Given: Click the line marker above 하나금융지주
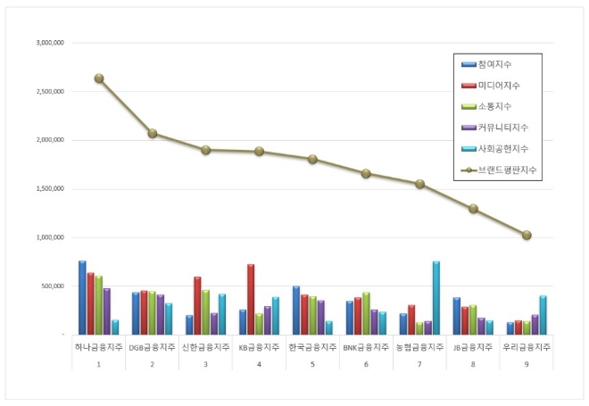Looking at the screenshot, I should [99, 79].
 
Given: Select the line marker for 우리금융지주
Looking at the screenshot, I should [527, 236].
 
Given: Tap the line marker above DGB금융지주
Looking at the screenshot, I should [153, 134].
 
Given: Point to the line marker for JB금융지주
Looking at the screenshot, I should [473, 209].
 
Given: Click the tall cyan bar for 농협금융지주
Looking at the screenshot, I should [436, 298].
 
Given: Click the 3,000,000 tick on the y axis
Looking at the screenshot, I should [51, 42].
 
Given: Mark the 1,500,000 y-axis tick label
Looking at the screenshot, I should [51, 188].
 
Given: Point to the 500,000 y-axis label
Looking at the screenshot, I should [54, 286].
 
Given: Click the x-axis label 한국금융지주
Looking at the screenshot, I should [312, 346].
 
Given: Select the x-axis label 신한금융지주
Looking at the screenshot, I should [205, 346].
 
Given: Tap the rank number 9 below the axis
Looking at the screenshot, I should [527, 365].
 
